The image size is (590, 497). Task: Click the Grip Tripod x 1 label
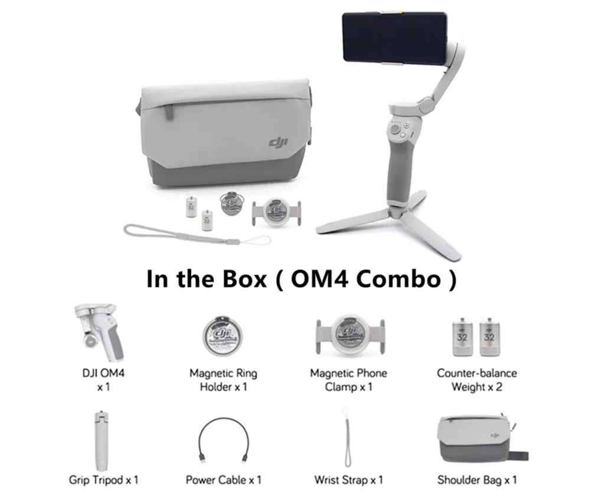103,479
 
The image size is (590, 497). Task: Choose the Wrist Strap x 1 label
349,479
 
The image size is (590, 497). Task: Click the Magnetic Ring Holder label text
223,380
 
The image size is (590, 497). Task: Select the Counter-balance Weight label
477,380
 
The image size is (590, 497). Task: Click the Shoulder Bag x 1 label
477,479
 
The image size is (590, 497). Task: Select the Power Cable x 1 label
223,479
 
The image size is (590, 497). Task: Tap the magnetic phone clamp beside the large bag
273,210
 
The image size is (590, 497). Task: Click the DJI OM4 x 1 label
100,380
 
